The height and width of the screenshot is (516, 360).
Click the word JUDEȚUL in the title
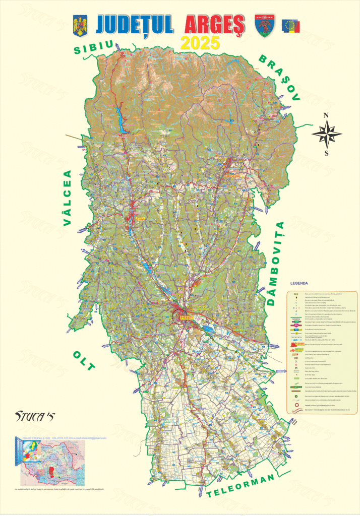[x=135, y=24]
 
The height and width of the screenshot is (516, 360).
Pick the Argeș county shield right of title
[x=264, y=25]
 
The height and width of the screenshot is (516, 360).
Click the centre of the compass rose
[x=326, y=135]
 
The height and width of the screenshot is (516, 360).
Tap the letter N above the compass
[x=326, y=115]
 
